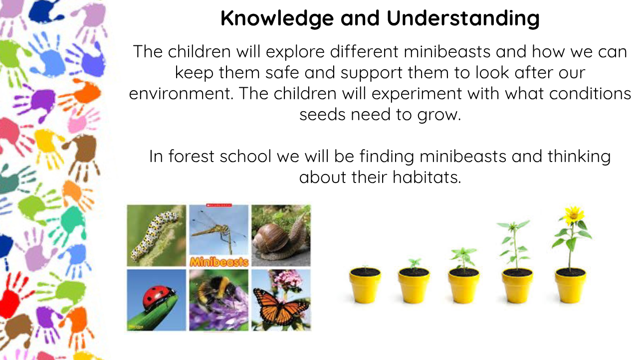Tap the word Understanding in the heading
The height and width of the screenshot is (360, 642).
[x=463, y=19]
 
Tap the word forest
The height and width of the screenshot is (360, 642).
[x=191, y=157]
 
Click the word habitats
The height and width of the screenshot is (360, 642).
[x=427, y=178]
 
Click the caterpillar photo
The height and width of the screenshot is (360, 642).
[x=157, y=235]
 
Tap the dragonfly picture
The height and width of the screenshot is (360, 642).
[x=219, y=230]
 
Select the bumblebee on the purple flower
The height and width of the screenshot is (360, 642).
[x=218, y=291]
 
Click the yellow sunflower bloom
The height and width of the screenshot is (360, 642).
[x=574, y=216]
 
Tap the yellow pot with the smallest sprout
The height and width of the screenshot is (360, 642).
[x=365, y=285]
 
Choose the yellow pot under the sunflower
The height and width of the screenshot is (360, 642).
[x=570, y=286]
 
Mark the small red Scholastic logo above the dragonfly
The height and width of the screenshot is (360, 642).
[x=219, y=205]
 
